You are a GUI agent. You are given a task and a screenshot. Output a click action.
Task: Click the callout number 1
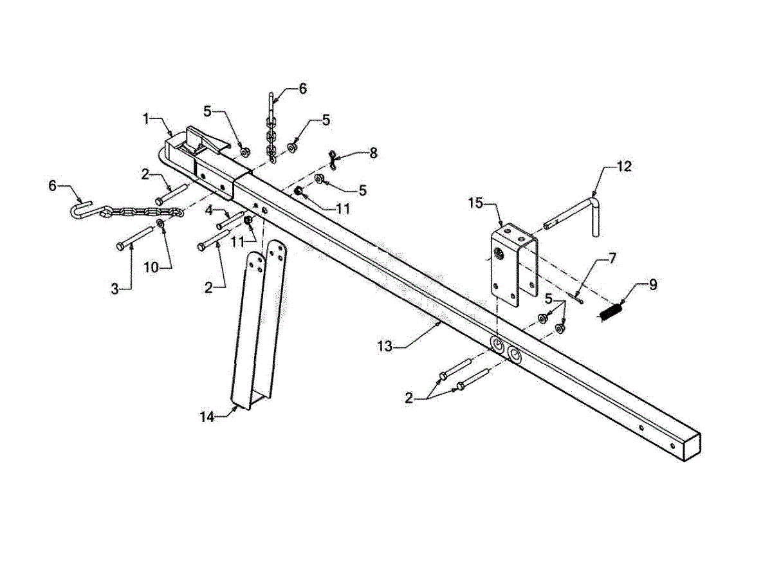146,118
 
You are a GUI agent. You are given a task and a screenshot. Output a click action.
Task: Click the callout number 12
625,166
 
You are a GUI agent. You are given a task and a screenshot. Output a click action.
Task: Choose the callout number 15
475,205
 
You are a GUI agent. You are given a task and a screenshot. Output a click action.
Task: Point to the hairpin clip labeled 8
333,155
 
